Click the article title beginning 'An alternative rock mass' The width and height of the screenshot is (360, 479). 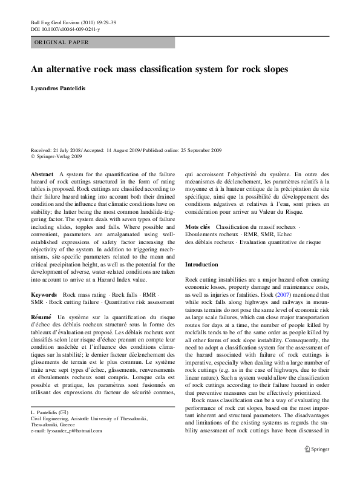pyautogui.click(x=159, y=70)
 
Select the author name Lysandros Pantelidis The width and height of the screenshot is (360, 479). pyautogui.click(x=59, y=88)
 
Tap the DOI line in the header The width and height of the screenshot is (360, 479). pyautogui.click(x=65, y=29)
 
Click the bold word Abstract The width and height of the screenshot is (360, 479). pyautogui.click(x=42, y=174)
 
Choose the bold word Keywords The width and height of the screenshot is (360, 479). pyautogui.click(x=44, y=294)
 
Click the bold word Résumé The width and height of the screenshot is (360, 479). pyautogui.click(x=42, y=317)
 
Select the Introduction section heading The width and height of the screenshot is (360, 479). pyautogui.click(x=201, y=265)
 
